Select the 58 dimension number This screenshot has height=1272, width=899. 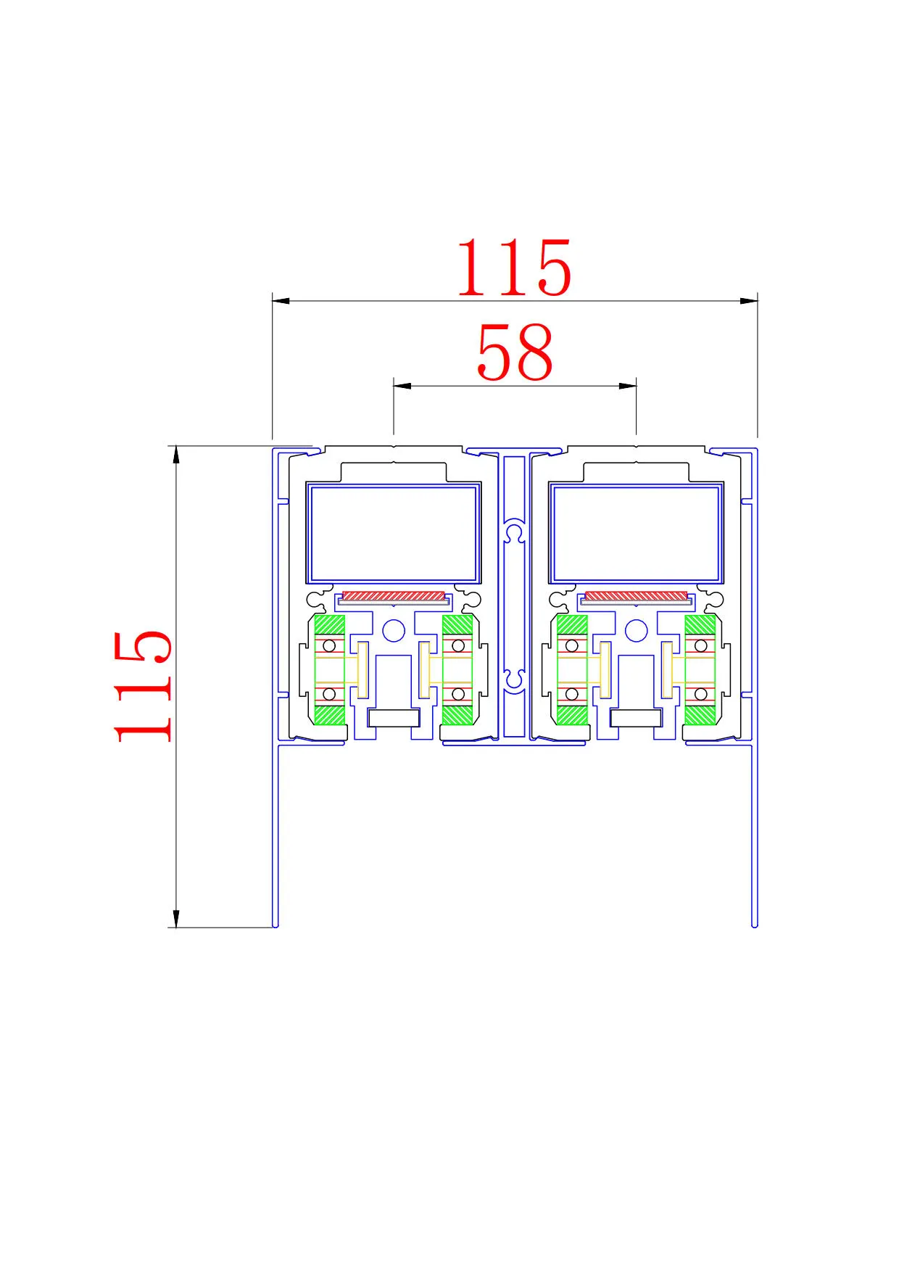[x=515, y=352]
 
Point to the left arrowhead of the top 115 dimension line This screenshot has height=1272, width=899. [x=281, y=300]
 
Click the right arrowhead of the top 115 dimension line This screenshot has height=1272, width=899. [x=749, y=300]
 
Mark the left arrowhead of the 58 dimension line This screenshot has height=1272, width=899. [x=402, y=386]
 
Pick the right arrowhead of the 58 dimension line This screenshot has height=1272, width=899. [x=628, y=386]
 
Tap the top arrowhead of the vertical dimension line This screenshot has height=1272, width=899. [x=175, y=455]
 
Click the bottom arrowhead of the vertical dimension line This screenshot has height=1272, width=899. [x=175, y=918]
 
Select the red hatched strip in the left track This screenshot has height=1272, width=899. [x=393, y=596]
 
